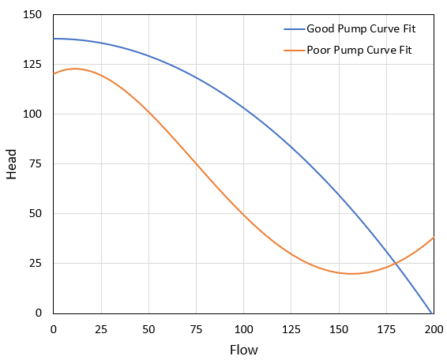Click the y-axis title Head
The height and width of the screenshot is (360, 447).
tap(12, 163)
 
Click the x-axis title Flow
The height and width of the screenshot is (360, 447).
tap(243, 349)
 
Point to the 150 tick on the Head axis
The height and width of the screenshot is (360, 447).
tap(34, 14)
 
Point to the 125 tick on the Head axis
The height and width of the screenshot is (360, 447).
tap(34, 64)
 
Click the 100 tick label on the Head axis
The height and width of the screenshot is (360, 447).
tap(34, 114)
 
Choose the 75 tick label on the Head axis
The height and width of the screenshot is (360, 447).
tap(37, 163)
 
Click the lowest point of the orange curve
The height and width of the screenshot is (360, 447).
tap(352, 273)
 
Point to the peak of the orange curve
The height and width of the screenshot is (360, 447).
tap(74, 69)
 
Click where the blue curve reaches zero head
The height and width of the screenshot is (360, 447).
tap(430, 313)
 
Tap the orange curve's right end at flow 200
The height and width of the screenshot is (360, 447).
tap(434, 238)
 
